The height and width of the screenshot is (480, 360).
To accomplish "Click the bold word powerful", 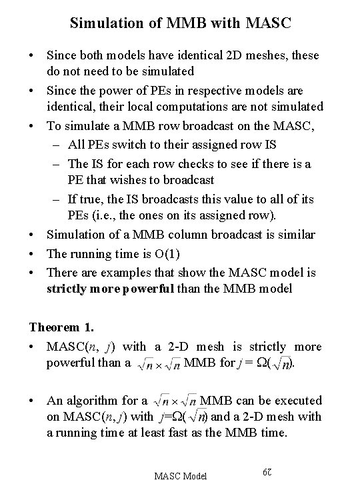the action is click(147, 289).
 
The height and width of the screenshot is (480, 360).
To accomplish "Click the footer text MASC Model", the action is click(181, 475).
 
